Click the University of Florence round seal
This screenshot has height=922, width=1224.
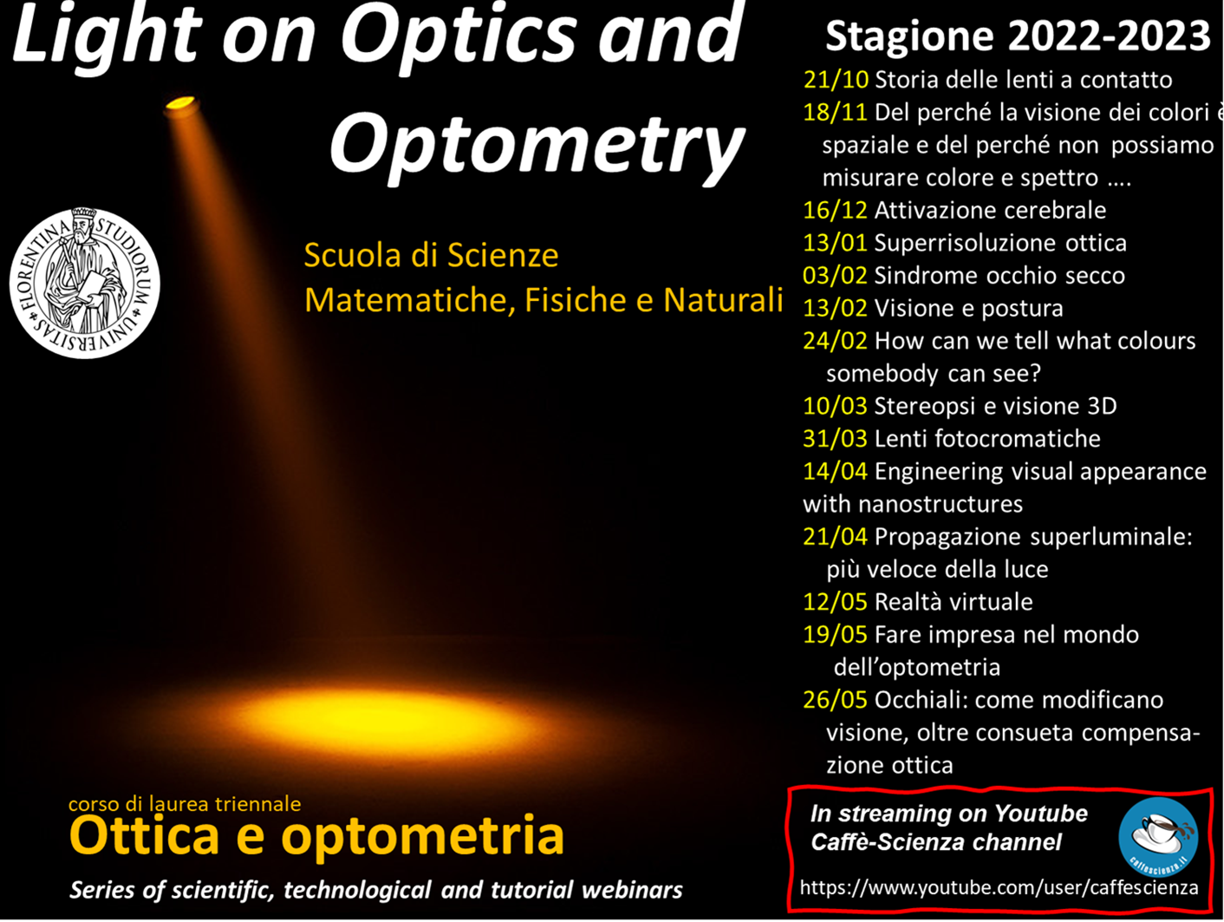click(85, 283)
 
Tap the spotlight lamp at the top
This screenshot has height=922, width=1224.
click(180, 106)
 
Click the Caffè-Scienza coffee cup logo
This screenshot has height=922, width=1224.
click(1157, 837)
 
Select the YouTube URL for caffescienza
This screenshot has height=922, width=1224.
click(999, 886)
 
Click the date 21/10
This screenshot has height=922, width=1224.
click(836, 80)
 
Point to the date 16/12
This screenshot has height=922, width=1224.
click(835, 210)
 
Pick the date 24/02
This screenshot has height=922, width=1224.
click(835, 341)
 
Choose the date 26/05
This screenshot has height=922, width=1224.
click(835, 699)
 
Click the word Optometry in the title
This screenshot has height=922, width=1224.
click(537, 145)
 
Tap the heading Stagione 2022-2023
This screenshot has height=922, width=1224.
click(1018, 36)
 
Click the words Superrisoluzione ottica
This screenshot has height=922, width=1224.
click(1000, 243)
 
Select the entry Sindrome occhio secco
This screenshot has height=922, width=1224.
click(999, 276)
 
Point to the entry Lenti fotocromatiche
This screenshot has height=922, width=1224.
click(987, 438)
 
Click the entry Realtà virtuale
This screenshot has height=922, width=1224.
click(954, 602)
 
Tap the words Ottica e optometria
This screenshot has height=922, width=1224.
click(316, 835)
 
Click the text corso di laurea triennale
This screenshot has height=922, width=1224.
click(185, 804)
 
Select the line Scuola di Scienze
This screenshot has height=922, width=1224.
click(431, 256)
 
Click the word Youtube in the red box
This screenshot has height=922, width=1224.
click(1041, 814)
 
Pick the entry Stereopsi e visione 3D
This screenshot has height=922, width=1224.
click(995, 406)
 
